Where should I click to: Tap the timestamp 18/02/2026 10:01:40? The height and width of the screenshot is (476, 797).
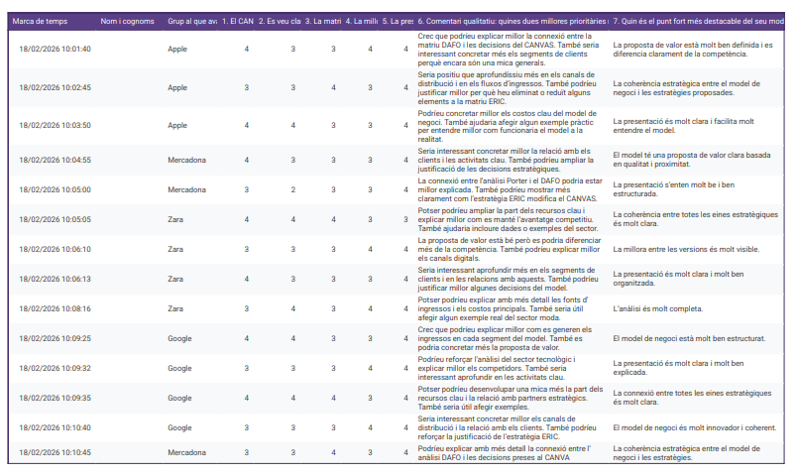point(56,49)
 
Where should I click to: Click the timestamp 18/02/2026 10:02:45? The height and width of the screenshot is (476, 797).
point(56,87)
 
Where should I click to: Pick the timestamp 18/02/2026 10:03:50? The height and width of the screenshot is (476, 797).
point(56,126)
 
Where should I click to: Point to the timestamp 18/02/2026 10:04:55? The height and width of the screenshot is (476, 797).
point(56,160)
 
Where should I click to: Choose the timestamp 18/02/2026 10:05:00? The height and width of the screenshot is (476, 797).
point(56,189)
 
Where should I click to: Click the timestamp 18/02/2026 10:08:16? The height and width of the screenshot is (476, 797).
point(56,309)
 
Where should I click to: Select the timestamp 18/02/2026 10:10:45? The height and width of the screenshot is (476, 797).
point(56,452)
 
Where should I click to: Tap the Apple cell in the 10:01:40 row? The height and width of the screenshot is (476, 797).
point(177,49)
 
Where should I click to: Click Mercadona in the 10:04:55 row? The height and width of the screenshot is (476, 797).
point(186,160)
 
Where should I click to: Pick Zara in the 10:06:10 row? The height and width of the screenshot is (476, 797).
point(175,249)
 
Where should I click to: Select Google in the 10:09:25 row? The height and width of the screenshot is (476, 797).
point(179,338)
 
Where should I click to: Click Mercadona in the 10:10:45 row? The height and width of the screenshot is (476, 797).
point(186,452)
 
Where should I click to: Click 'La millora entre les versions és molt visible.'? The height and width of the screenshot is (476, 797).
point(685,249)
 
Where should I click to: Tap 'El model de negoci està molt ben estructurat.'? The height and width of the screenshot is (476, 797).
point(689,338)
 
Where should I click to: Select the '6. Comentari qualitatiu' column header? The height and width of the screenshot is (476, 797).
point(511,21)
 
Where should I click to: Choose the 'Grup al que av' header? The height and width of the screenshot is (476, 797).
point(192,21)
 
